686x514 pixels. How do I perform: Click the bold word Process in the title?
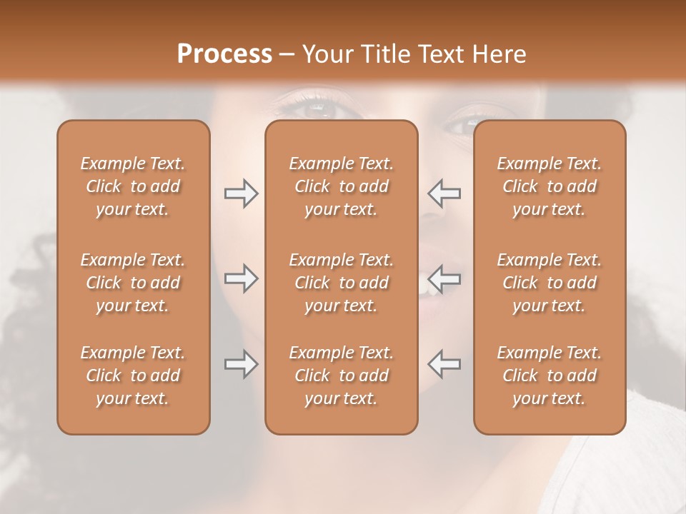point(224,54)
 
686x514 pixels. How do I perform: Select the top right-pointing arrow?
point(241,193)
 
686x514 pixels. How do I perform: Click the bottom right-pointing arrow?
point(241,364)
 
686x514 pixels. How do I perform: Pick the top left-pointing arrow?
point(444,193)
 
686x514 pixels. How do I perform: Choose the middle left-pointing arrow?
point(444,277)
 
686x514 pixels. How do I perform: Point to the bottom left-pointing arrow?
point(444,363)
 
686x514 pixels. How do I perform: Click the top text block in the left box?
point(133,186)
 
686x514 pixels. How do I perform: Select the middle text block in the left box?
point(133,283)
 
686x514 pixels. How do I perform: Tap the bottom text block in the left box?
point(133,376)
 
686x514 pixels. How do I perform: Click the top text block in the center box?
point(341,186)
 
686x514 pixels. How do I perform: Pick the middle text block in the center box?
point(341,283)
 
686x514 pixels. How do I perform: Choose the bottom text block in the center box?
point(341,376)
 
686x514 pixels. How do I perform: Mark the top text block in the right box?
point(549,186)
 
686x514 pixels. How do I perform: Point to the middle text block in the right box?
point(549,283)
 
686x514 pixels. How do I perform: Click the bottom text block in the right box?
point(549,376)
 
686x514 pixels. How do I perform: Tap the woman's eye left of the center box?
point(314,109)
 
